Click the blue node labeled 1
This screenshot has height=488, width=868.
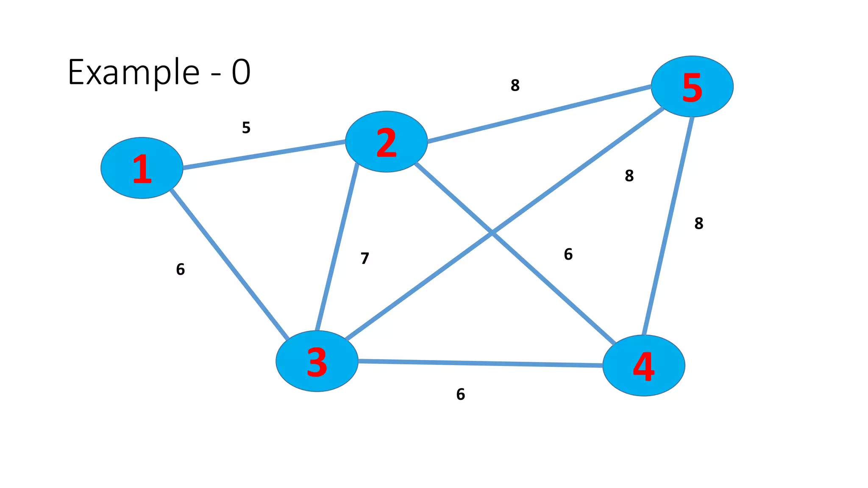coord(142,168)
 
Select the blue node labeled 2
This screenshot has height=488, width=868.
coord(386,141)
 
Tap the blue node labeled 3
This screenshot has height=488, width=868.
coord(317,361)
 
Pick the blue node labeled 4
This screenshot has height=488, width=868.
coord(643,366)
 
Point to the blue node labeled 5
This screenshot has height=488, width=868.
coord(692,86)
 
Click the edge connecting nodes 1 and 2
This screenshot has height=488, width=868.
coord(264,155)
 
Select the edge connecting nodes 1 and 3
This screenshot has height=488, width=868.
coord(229,264)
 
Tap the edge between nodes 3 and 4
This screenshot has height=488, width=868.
coord(480,363)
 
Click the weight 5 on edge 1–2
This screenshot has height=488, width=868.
coord(246,128)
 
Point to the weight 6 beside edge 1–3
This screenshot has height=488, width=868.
coord(181,269)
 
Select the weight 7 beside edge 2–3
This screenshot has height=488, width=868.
coord(365,258)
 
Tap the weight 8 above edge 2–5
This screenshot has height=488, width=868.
coord(515,86)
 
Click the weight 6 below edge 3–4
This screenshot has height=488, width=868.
coord(461,394)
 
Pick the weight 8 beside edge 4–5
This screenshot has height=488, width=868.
coord(699,223)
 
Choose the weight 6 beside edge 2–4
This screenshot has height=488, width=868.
coord(568,254)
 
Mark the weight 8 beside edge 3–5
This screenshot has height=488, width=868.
coord(629,175)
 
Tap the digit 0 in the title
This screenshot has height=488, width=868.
coord(241,72)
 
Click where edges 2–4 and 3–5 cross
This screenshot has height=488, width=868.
coord(492,233)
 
